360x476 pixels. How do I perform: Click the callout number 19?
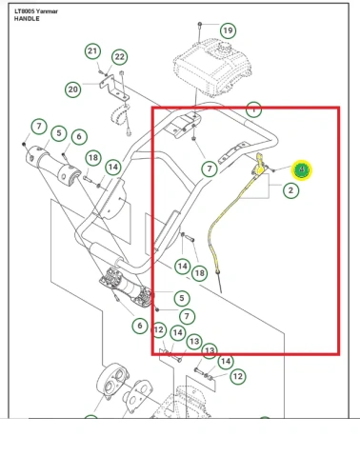228,30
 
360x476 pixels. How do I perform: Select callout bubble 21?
92,50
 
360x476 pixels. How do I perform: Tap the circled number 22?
120,57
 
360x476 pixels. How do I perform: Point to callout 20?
72,89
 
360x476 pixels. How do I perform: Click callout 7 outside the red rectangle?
38,127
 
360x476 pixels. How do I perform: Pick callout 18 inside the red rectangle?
199,273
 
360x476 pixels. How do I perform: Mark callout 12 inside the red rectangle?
160,330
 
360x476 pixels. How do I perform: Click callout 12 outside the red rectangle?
237,377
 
